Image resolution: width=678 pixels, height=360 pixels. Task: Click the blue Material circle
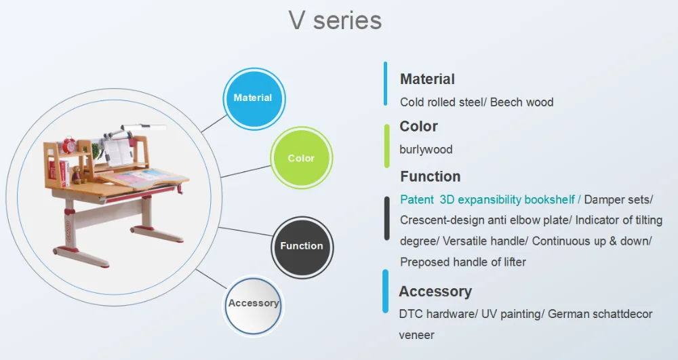[254, 98]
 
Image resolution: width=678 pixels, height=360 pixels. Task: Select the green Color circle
[302, 158]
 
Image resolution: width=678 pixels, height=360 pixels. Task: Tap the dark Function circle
[302, 246]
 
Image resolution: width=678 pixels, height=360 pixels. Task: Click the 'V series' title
[335, 20]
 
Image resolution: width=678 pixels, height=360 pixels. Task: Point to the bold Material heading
[427, 79]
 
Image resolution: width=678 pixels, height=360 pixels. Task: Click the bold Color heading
[418, 126]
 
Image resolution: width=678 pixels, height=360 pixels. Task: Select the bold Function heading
[431, 176]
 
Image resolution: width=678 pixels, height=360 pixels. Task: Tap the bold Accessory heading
[435, 292]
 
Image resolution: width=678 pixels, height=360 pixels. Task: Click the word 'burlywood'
[426, 150]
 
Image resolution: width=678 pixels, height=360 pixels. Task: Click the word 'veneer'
[416, 336]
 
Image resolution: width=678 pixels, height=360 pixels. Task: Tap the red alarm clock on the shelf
[69, 145]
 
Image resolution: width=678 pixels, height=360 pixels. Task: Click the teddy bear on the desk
[77, 175]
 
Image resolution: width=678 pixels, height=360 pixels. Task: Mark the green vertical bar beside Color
[386, 146]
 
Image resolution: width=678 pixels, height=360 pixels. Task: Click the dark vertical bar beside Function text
[386, 218]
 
